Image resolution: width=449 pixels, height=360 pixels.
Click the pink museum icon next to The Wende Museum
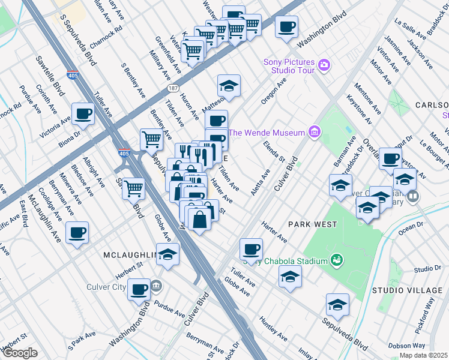click(313, 132)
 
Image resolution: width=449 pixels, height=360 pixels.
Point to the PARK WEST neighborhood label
click(312, 224)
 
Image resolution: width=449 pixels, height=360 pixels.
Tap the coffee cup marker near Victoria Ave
click(83, 113)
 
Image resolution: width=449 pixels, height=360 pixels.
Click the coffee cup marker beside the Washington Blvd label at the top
click(286, 26)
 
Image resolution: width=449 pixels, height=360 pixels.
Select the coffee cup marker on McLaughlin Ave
click(77, 233)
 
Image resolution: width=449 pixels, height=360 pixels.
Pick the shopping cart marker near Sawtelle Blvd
click(134, 188)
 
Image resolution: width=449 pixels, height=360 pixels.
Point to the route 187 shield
click(172, 88)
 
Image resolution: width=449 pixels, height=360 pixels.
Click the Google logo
click(20, 353)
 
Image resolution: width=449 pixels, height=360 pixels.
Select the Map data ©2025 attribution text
click(423, 355)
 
